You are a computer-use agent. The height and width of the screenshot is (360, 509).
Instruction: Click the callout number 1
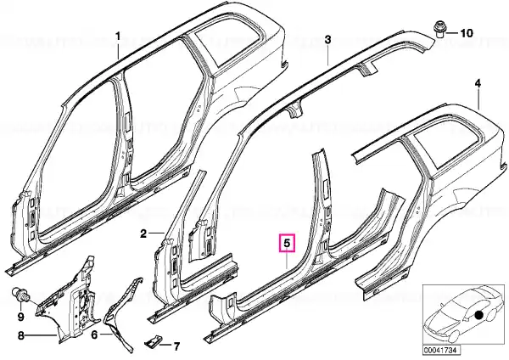coord(118,36)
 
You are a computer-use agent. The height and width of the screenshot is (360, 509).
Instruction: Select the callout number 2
coord(144,233)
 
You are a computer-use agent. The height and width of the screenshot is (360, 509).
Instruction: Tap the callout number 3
coord(327,40)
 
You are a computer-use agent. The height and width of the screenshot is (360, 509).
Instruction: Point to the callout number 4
coord(478,83)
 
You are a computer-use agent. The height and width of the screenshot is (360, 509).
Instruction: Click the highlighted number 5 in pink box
coord(288,243)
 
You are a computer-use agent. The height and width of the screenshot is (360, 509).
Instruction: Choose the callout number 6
coord(94,335)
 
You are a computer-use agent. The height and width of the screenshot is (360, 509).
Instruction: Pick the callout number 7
coord(176,346)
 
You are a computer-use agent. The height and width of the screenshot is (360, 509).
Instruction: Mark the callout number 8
coord(20,335)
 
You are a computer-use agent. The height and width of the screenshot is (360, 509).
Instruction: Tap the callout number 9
coord(20,317)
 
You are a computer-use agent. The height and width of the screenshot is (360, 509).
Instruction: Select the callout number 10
coord(467,33)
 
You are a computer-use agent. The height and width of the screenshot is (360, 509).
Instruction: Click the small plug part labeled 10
coord(439,30)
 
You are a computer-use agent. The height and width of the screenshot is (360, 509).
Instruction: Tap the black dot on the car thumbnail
coord(479,316)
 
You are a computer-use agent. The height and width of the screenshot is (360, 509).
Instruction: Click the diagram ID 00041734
coord(437,351)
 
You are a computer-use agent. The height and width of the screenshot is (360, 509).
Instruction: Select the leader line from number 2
coord(157,233)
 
